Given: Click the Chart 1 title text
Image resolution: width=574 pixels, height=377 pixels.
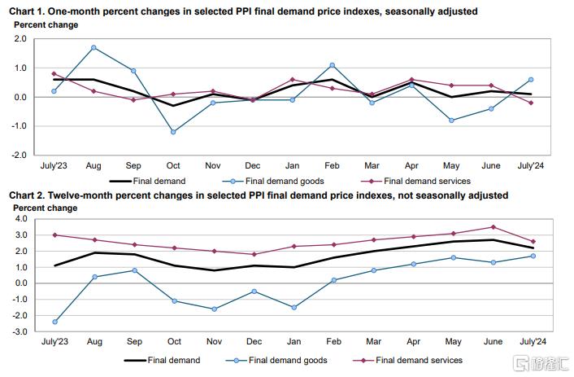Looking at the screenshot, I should coord(243,11).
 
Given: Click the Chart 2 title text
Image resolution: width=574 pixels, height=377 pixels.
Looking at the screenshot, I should coord(259,195).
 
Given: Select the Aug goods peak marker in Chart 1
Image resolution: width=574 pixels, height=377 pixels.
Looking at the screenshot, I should coord(93,48).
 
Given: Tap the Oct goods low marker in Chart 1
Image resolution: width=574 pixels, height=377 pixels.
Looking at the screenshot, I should coord(173,131).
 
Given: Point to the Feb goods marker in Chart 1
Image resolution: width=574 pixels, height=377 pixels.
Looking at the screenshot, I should coord(333,65).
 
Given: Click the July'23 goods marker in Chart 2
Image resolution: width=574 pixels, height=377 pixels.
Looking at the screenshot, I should coord(54,322).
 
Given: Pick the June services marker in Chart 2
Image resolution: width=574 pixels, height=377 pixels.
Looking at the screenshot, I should coord(492,227).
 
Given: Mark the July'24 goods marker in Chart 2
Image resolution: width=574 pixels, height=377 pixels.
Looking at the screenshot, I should coord(532,256).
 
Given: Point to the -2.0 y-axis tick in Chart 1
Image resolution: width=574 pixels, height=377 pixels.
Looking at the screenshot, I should coord(20,155).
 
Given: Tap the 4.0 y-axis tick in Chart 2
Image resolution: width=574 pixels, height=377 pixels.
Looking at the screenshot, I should coord(21,219).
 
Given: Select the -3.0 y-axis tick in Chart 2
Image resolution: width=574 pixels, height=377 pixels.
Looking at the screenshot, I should coord(20,332).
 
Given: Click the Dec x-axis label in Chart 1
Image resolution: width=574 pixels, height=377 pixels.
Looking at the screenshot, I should coord(253,164).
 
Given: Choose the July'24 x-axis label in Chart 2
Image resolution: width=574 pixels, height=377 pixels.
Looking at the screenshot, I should coord(532,342).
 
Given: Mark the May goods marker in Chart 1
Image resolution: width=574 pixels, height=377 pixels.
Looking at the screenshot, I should coord(452,120).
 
